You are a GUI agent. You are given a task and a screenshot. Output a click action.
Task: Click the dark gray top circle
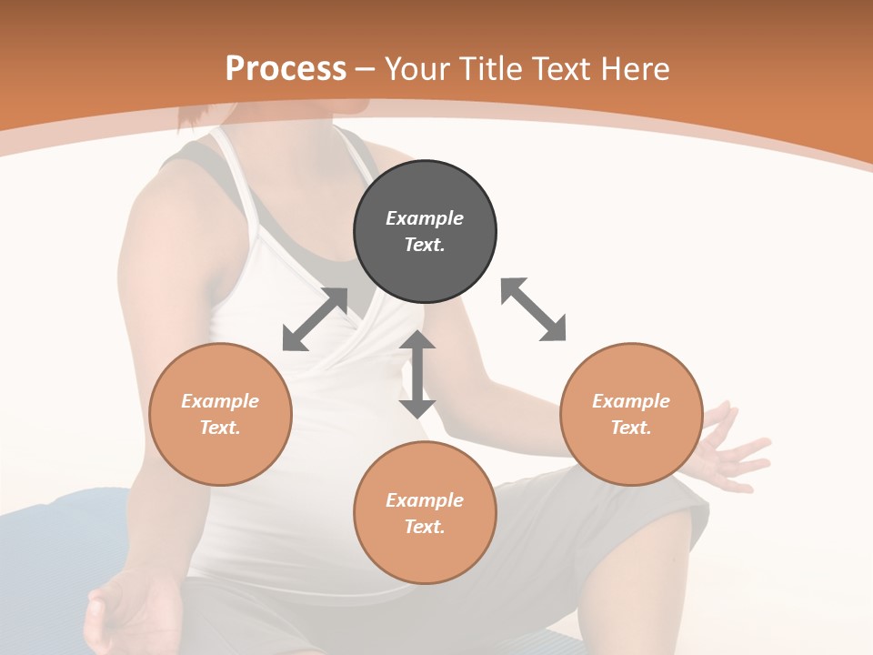coord(425,231)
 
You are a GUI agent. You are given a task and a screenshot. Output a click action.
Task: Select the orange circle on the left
coord(220,414)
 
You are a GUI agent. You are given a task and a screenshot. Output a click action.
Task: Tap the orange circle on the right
coord(631,414)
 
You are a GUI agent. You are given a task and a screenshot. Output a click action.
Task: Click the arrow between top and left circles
coord(315,319)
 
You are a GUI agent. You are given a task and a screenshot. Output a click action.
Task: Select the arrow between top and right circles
coord(533,309)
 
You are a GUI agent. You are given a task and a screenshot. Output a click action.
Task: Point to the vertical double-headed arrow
coord(417,374)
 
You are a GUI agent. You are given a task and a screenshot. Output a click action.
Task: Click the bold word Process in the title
coord(286,69)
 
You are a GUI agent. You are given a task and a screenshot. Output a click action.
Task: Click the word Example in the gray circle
coord(425,218)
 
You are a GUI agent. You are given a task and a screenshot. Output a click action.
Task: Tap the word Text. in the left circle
coord(220,428)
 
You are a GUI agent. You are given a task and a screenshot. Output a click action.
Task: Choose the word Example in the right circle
coord(631,401)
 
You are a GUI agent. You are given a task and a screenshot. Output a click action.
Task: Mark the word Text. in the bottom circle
coord(425,527)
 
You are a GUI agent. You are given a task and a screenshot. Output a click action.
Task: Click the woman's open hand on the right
coord(732,450)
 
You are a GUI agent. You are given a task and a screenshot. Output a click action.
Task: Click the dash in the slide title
coord(366,69)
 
